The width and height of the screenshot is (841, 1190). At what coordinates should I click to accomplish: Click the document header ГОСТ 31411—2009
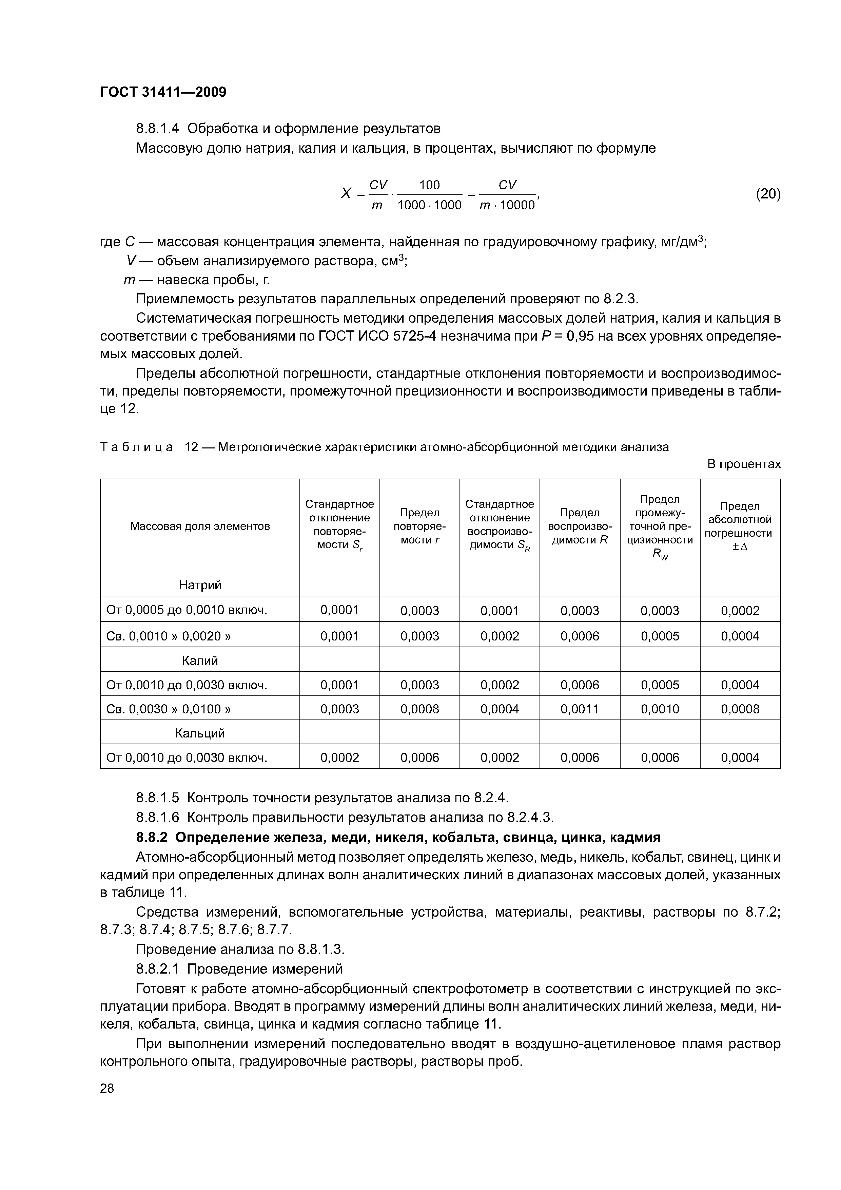click(163, 92)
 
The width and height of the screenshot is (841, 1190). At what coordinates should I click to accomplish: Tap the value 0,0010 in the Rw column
click(660, 709)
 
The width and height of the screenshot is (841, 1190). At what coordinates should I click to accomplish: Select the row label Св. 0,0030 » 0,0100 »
click(169, 709)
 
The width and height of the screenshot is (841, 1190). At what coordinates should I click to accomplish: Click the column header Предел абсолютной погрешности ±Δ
click(740, 526)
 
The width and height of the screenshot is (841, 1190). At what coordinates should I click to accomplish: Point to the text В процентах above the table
click(744, 464)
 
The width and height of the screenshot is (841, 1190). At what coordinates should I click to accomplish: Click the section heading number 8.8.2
click(153, 838)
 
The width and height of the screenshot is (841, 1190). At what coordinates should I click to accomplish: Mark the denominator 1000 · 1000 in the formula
click(429, 205)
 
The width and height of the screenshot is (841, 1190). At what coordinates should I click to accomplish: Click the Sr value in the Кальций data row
click(339, 757)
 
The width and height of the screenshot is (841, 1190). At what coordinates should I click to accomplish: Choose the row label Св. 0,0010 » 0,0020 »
click(169, 636)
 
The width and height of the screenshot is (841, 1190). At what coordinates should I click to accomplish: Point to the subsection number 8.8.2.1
click(159, 969)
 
